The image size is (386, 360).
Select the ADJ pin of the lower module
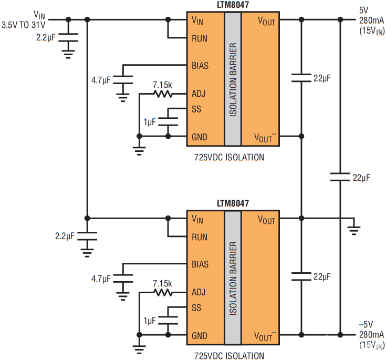199,292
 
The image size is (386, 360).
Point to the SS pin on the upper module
196,109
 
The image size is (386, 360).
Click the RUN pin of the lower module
200,236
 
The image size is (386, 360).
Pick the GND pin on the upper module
200,137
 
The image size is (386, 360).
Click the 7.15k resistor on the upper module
163,94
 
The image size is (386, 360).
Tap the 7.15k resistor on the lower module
163,293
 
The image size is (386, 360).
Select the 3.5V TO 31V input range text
24,25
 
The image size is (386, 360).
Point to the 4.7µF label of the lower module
101,279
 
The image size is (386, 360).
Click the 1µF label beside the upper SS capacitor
149,122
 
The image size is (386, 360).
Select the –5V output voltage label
366,324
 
